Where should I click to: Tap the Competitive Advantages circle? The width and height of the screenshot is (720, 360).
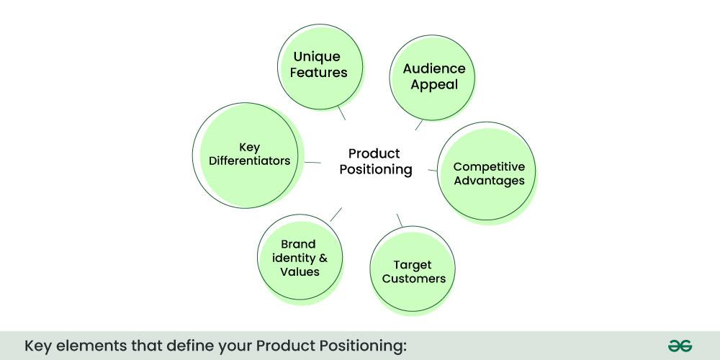click(488, 173)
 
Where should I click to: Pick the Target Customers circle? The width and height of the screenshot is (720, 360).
click(413, 271)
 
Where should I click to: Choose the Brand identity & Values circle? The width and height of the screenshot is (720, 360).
click(298, 258)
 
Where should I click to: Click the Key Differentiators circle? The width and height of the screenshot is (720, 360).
click(248, 154)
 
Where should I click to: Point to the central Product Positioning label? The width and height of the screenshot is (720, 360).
click(374, 162)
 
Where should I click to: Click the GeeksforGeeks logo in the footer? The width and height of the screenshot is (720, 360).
click(679, 346)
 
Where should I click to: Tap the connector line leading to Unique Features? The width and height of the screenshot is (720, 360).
click(341, 113)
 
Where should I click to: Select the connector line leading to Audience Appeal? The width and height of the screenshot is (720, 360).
click(419, 125)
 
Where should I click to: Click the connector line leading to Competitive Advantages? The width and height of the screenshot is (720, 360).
click(433, 170)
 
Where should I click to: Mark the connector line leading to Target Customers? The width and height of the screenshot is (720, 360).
click(400, 220)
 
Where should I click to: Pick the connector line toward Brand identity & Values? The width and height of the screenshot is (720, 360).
click(336, 214)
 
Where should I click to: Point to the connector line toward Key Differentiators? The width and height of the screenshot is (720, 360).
click(312, 162)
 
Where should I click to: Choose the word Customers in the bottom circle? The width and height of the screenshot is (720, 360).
click(414, 279)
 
